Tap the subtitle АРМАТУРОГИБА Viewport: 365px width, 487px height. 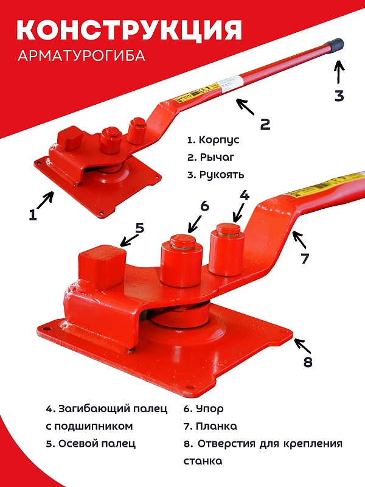pyautogui.click(x=82, y=56)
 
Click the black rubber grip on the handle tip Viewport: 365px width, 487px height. pyautogui.click(x=336, y=44)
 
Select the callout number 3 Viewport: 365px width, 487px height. pyautogui.click(x=339, y=96)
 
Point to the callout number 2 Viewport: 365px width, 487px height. pyautogui.click(x=265, y=124)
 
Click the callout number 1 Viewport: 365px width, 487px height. pyautogui.click(x=33, y=215)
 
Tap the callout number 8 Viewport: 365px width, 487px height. pyautogui.click(x=308, y=362)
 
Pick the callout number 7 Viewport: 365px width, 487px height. pyautogui.click(x=305, y=258)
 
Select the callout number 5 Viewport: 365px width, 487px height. pyautogui.click(x=140, y=228)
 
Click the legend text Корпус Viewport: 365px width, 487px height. pyautogui.click(x=219, y=140)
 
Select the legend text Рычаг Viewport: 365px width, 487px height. pyautogui.click(x=217, y=158)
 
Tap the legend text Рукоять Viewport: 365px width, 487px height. pyautogui.click(x=221, y=175)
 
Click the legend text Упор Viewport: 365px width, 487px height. pyautogui.click(x=209, y=409)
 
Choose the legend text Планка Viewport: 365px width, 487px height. pyautogui.click(x=217, y=426)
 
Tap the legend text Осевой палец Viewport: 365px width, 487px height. pyautogui.click(x=97, y=444)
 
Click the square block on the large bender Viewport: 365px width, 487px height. pyautogui.click(x=102, y=267)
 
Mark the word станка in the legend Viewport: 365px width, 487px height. pyautogui.click(x=203, y=461)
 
